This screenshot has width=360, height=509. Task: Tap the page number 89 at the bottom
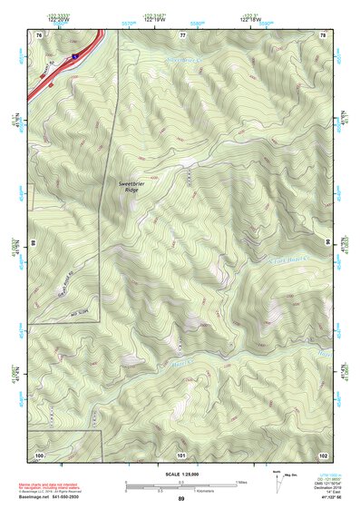click(181, 499)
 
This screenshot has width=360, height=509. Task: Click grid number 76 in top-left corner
click(39, 34)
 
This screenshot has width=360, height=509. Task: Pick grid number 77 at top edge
click(182, 34)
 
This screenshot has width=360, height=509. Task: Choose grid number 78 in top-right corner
click(324, 34)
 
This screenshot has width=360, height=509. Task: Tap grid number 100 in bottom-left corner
click(39, 454)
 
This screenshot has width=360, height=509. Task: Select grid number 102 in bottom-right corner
click(323, 454)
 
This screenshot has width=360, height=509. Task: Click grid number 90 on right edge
click(327, 243)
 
